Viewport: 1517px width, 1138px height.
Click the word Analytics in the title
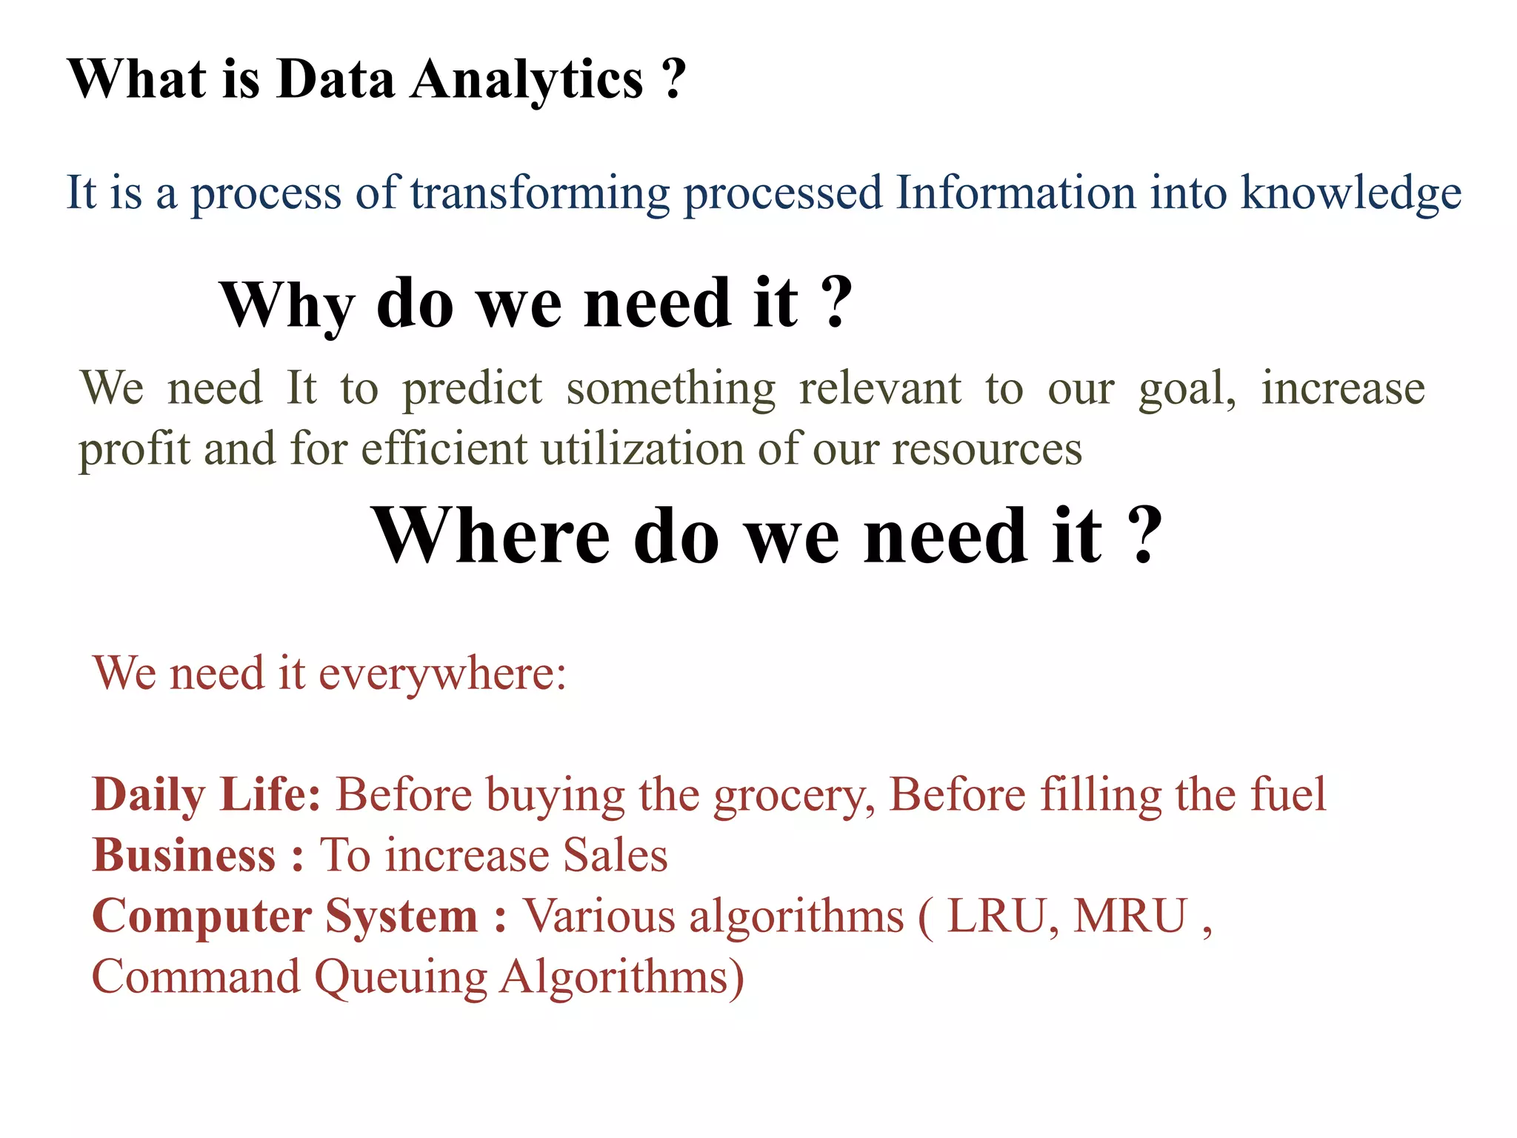point(527,80)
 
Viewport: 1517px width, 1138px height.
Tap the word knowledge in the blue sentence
point(1350,194)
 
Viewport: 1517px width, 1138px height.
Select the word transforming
point(539,194)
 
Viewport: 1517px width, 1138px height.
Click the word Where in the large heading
point(491,536)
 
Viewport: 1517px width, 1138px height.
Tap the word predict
point(472,390)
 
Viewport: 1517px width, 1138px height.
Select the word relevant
point(880,388)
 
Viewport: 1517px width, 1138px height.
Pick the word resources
point(987,450)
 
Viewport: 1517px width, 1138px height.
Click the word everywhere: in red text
point(442,674)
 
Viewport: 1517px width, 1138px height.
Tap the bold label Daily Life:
point(206,796)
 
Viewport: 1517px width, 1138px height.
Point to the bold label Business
point(184,856)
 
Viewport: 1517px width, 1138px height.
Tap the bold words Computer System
point(284,917)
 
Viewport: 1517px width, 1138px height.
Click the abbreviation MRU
point(1130,916)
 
